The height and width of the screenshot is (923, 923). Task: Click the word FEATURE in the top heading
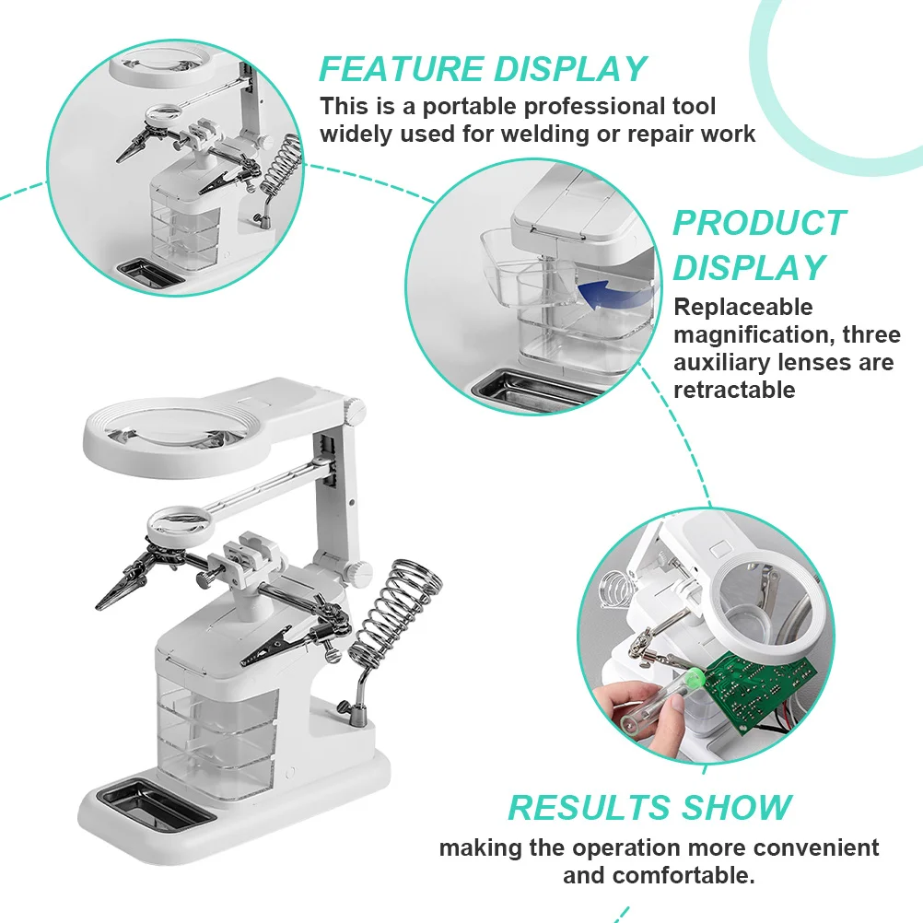click(401, 69)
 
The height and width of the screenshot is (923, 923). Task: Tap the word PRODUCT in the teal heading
click(758, 224)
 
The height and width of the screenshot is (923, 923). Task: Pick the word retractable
click(733, 390)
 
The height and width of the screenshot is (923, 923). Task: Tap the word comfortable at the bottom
click(659, 875)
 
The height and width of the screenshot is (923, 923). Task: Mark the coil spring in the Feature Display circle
click(282, 166)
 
